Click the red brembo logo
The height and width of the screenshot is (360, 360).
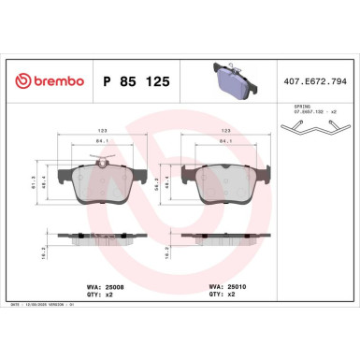47,82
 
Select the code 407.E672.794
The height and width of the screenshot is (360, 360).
314,82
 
